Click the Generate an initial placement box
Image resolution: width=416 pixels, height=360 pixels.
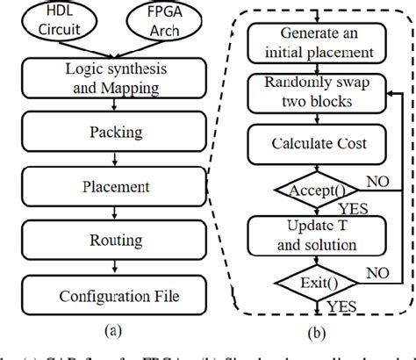click(312, 42)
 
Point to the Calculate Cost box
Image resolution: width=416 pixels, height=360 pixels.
click(312, 142)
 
